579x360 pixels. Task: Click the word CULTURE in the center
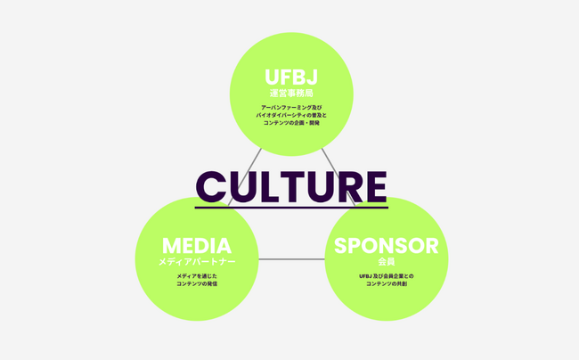click(x=291, y=186)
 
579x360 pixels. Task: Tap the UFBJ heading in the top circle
click(x=291, y=77)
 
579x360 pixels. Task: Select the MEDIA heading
click(x=197, y=246)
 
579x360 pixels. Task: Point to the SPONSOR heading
click(x=386, y=246)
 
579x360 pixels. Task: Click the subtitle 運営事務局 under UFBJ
click(x=291, y=93)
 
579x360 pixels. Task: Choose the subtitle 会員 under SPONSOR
click(x=386, y=262)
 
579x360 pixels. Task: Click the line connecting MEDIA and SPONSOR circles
click(x=291, y=259)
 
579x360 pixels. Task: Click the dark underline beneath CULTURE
click(x=291, y=208)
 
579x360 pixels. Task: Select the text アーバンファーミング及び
click(x=291, y=107)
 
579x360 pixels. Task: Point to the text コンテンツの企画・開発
click(x=291, y=123)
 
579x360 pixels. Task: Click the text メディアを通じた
click(x=197, y=276)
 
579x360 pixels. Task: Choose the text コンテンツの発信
click(x=197, y=284)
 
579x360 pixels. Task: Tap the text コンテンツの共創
click(x=386, y=284)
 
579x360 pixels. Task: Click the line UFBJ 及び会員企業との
click(x=386, y=276)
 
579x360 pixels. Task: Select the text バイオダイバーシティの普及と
click(x=291, y=115)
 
